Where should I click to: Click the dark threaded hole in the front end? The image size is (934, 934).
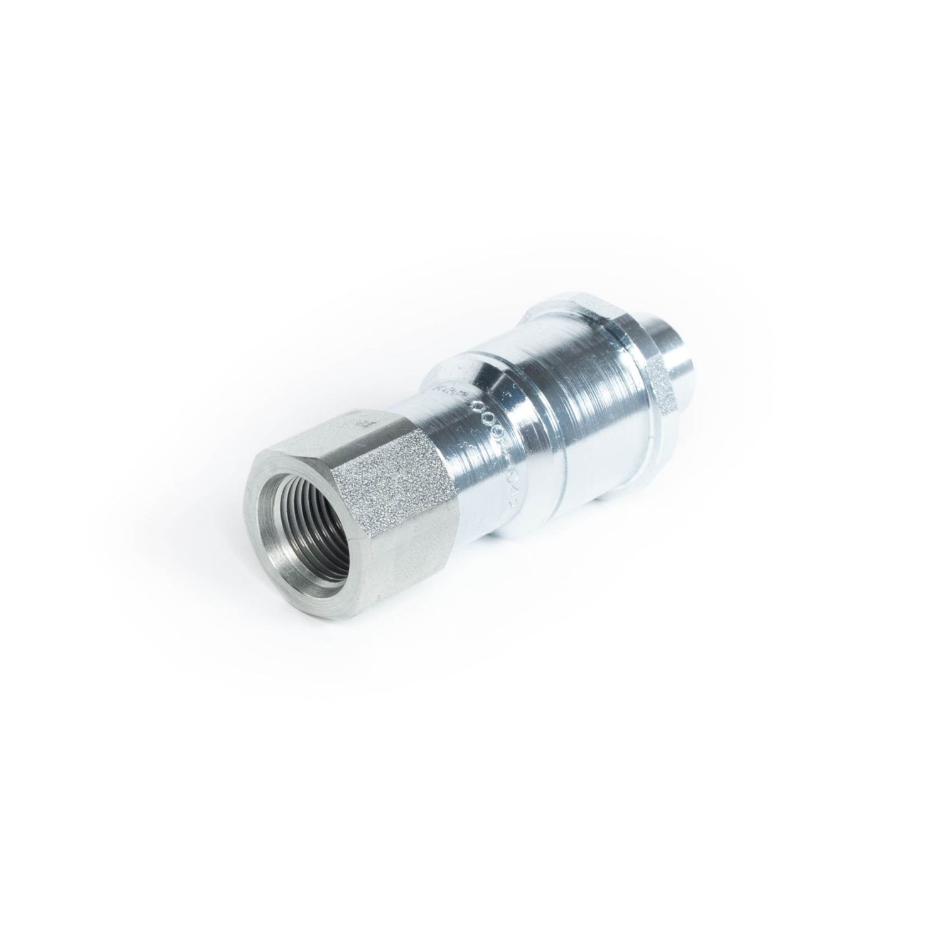[312, 505]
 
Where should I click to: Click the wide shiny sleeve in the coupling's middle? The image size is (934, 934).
[552, 402]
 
